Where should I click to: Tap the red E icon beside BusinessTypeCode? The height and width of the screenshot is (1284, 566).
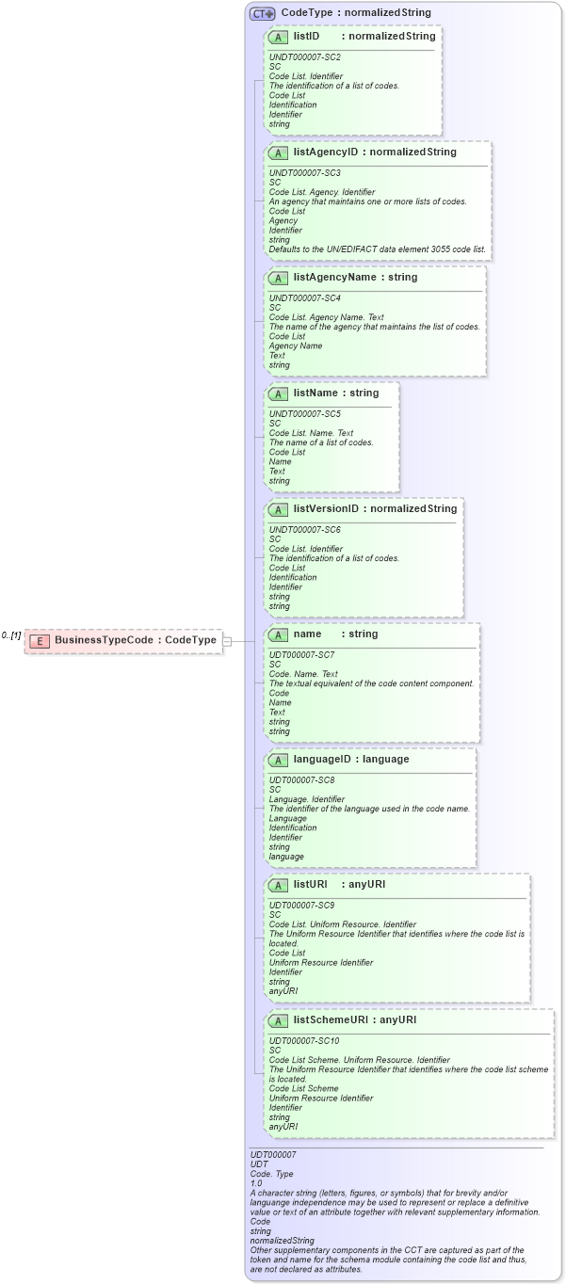pyautogui.click(x=40, y=641)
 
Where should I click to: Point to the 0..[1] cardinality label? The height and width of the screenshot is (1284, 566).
pyautogui.click(x=11, y=635)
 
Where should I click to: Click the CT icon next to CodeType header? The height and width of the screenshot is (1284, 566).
pyautogui.click(x=262, y=13)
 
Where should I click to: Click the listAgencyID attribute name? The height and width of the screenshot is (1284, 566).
pyautogui.click(x=327, y=152)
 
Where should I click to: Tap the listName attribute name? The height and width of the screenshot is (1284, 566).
pyautogui.click(x=315, y=393)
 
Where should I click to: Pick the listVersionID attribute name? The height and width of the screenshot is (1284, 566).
pyautogui.click(x=326, y=508)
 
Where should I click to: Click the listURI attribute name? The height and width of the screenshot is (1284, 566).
pyautogui.click(x=310, y=884)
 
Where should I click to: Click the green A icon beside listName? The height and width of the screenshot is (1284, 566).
pyautogui.click(x=279, y=393)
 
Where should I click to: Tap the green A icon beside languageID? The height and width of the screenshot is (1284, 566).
pyautogui.click(x=279, y=760)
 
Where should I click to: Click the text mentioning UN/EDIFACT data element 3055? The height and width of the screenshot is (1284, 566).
pyautogui.click(x=377, y=249)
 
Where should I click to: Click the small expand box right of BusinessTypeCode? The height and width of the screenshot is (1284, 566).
pyautogui.click(x=226, y=641)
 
